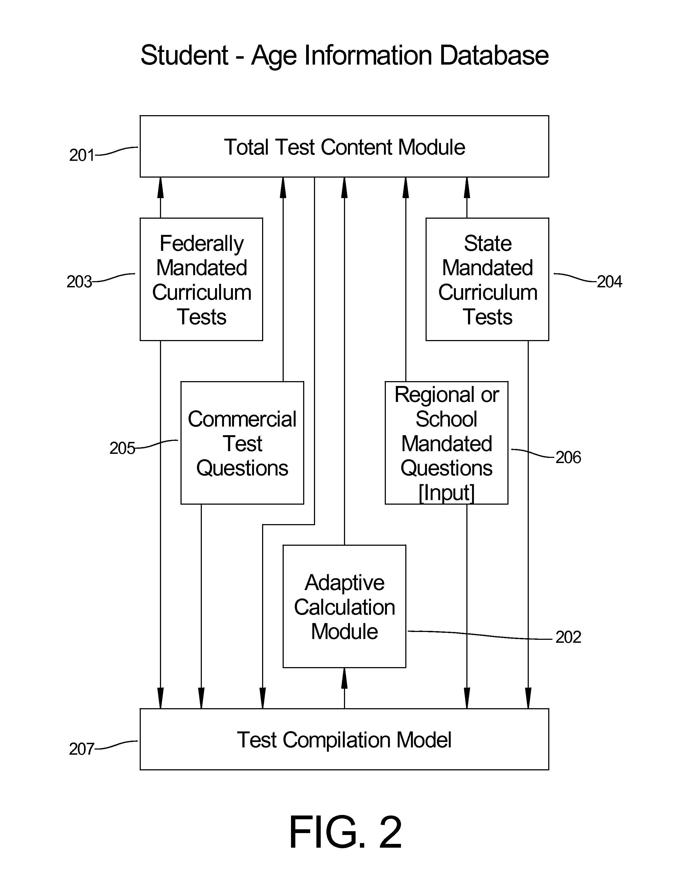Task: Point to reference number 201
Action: [x=82, y=155]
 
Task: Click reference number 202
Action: [x=568, y=637]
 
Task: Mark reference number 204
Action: [x=609, y=282]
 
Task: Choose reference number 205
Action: [x=122, y=448]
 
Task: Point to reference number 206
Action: [x=568, y=457]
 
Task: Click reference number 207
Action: [x=82, y=749]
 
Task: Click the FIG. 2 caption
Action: [x=345, y=832]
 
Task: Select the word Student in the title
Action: [x=184, y=55]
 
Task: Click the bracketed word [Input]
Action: [x=447, y=492]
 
